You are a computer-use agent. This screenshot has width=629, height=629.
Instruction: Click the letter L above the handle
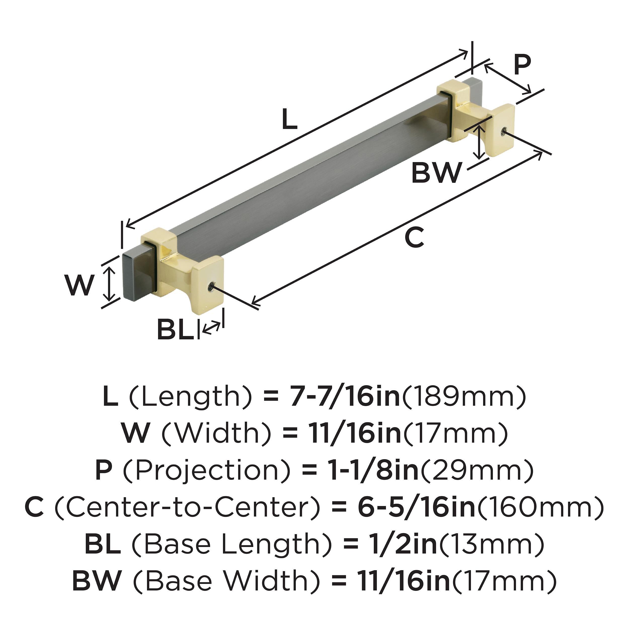(x=289, y=119)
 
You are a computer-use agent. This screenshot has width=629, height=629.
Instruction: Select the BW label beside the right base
(x=436, y=173)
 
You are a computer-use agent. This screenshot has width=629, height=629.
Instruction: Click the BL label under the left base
(x=175, y=330)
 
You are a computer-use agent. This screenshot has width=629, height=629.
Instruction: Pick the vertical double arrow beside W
(x=110, y=283)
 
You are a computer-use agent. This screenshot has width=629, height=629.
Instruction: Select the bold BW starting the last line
(x=96, y=581)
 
